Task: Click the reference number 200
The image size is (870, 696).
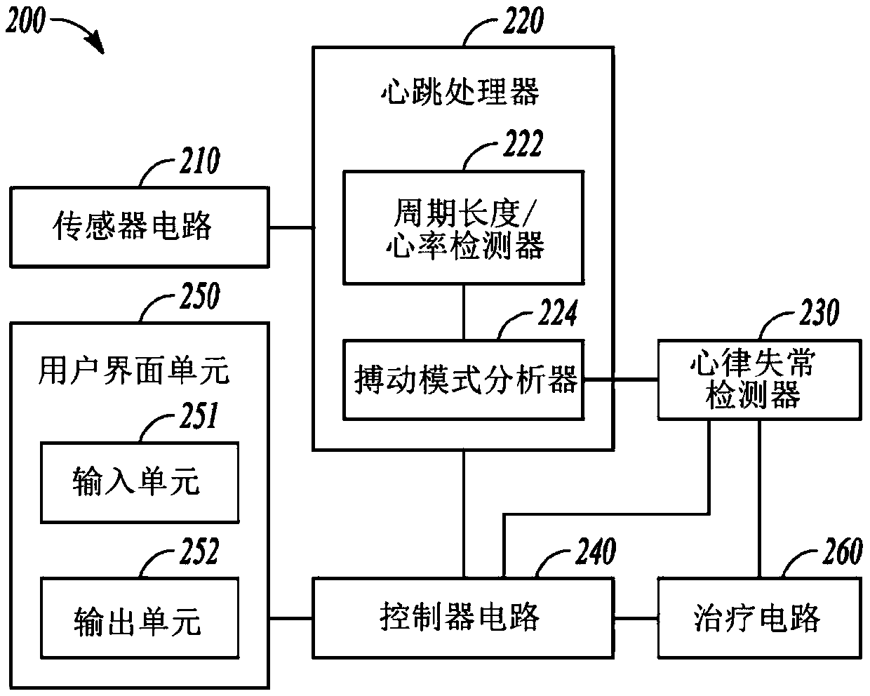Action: (x=25, y=22)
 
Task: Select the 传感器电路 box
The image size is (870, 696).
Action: (x=140, y=227)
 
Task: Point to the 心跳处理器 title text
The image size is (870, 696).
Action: (x=460, y=91)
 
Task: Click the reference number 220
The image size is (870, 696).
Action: (x=523, y=21)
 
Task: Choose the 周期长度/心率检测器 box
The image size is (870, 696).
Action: (x=462, y=227)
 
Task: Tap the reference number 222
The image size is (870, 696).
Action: (x=523, y=145)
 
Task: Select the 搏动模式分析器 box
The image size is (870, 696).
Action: (x=462, y=380)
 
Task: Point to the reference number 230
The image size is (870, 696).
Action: (x=818, y=313)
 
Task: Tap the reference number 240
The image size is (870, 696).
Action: (x=596, y=551)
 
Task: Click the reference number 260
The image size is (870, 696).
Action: (x=841, y=551)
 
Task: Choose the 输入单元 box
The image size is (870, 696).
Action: (x=140, y=482)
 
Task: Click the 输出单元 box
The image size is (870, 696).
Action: (x=140, y=618)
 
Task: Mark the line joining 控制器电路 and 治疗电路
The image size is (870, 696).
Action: (x=634, y=618)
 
